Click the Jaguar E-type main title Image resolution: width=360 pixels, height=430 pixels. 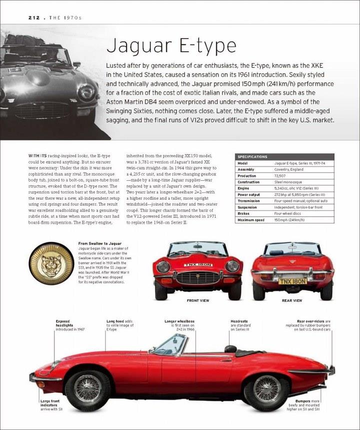coord(171,46)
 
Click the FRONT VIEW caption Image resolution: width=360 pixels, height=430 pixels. coord(197,301)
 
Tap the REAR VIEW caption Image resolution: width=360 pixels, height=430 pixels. coord(292,301)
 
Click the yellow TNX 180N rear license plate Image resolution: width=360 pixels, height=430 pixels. coord(292,281)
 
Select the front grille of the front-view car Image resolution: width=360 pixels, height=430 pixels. coord(197,277)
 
